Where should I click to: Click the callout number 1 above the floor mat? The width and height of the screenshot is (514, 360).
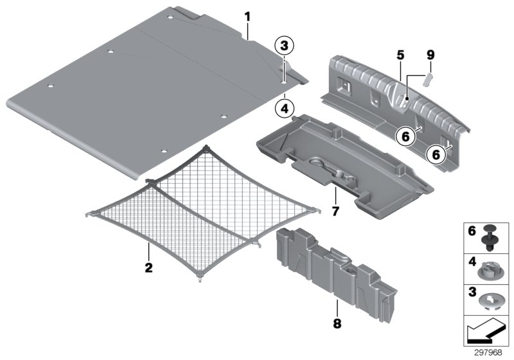(247, 15)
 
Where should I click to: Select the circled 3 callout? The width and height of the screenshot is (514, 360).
(284, 46)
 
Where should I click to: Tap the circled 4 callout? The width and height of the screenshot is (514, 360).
(284, 108)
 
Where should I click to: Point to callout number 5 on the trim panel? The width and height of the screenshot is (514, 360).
(400, 56)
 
